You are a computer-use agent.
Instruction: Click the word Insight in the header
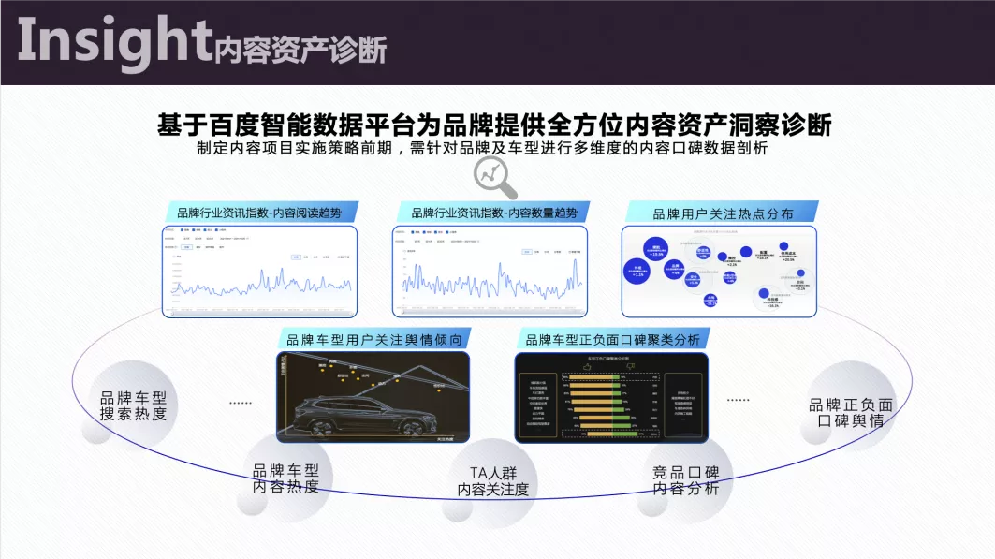(112, 43)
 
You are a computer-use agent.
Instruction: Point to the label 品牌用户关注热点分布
(722, 213)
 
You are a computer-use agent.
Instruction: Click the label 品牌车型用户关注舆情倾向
(373, 339)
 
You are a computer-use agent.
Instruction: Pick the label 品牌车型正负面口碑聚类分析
(612, 339)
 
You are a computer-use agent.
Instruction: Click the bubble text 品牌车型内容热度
(285, 478)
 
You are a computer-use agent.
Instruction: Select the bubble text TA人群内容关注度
(492, 480)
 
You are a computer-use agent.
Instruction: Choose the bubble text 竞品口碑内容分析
(680, 479)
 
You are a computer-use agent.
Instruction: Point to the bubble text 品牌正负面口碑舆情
(851, 413)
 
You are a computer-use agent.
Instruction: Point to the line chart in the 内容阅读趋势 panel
(262, 282)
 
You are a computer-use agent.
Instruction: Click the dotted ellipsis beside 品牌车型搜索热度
(241, 403)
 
